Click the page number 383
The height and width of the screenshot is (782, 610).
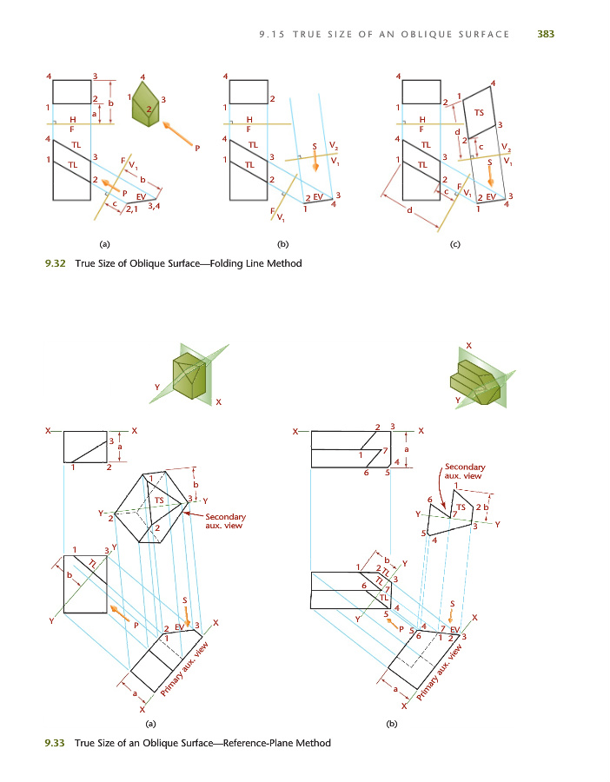[546, 34]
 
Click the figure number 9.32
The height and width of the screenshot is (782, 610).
[55, 263]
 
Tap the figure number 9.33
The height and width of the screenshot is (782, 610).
[55, 742]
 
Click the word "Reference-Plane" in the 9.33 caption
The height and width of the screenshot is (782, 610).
[257, 742]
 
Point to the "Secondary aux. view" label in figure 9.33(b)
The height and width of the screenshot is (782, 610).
[464, 471]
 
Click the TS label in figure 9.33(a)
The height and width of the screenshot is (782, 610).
[159, 500]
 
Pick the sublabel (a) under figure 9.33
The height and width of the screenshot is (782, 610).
[150, 722]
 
